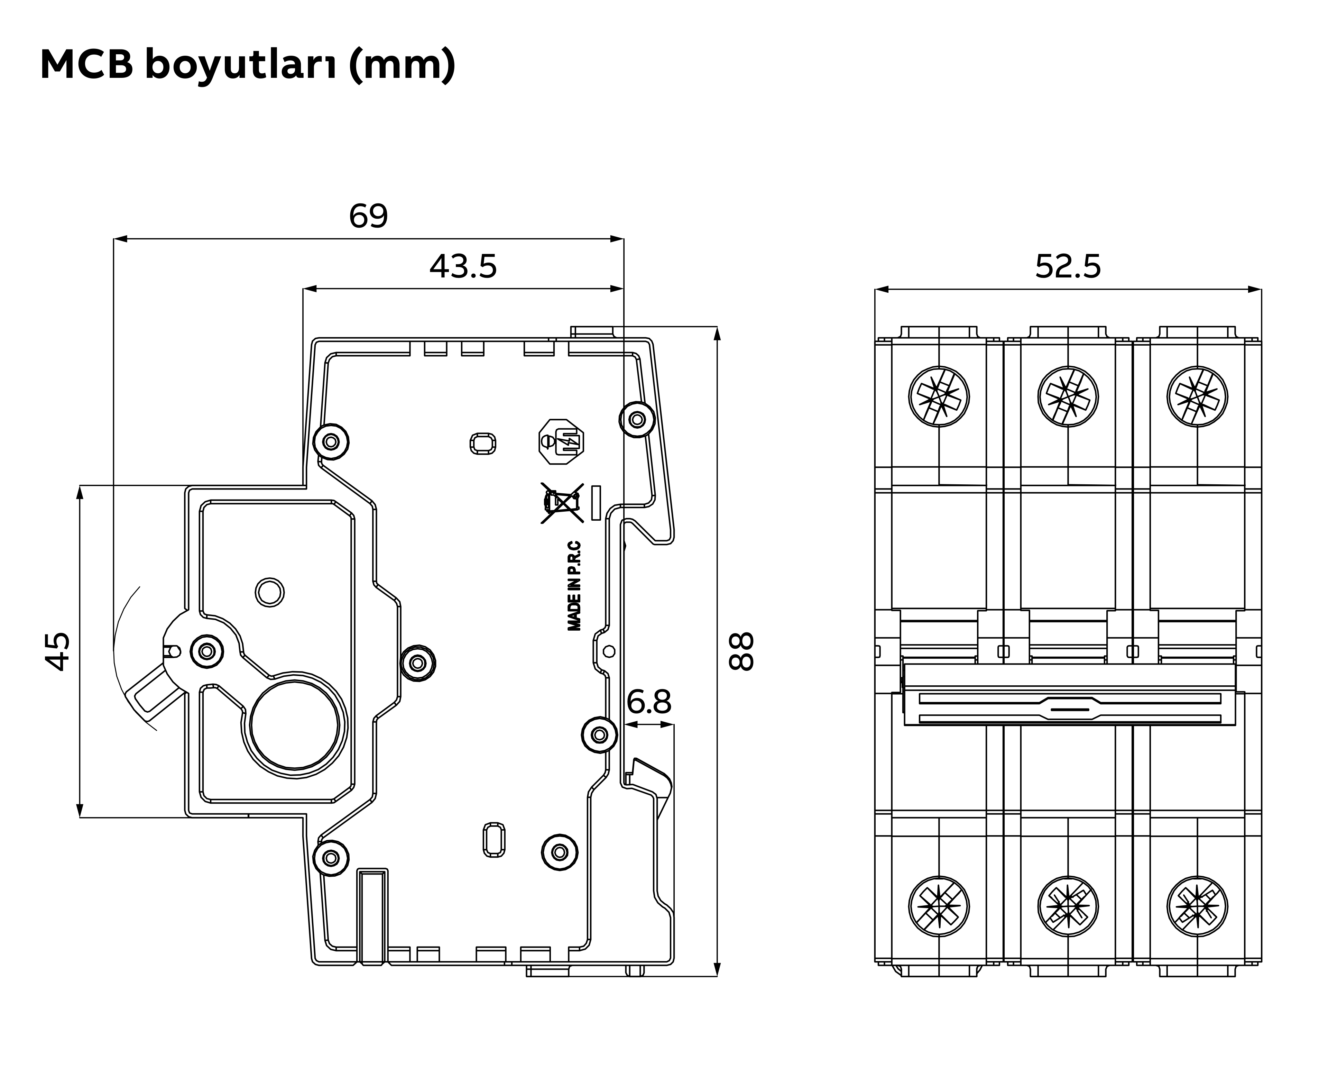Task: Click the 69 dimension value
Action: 368,216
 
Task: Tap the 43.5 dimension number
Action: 463,266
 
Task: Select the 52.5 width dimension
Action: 1068,266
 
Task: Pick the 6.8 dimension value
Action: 649,702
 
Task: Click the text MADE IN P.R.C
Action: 574,586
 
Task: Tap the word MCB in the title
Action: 87,65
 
